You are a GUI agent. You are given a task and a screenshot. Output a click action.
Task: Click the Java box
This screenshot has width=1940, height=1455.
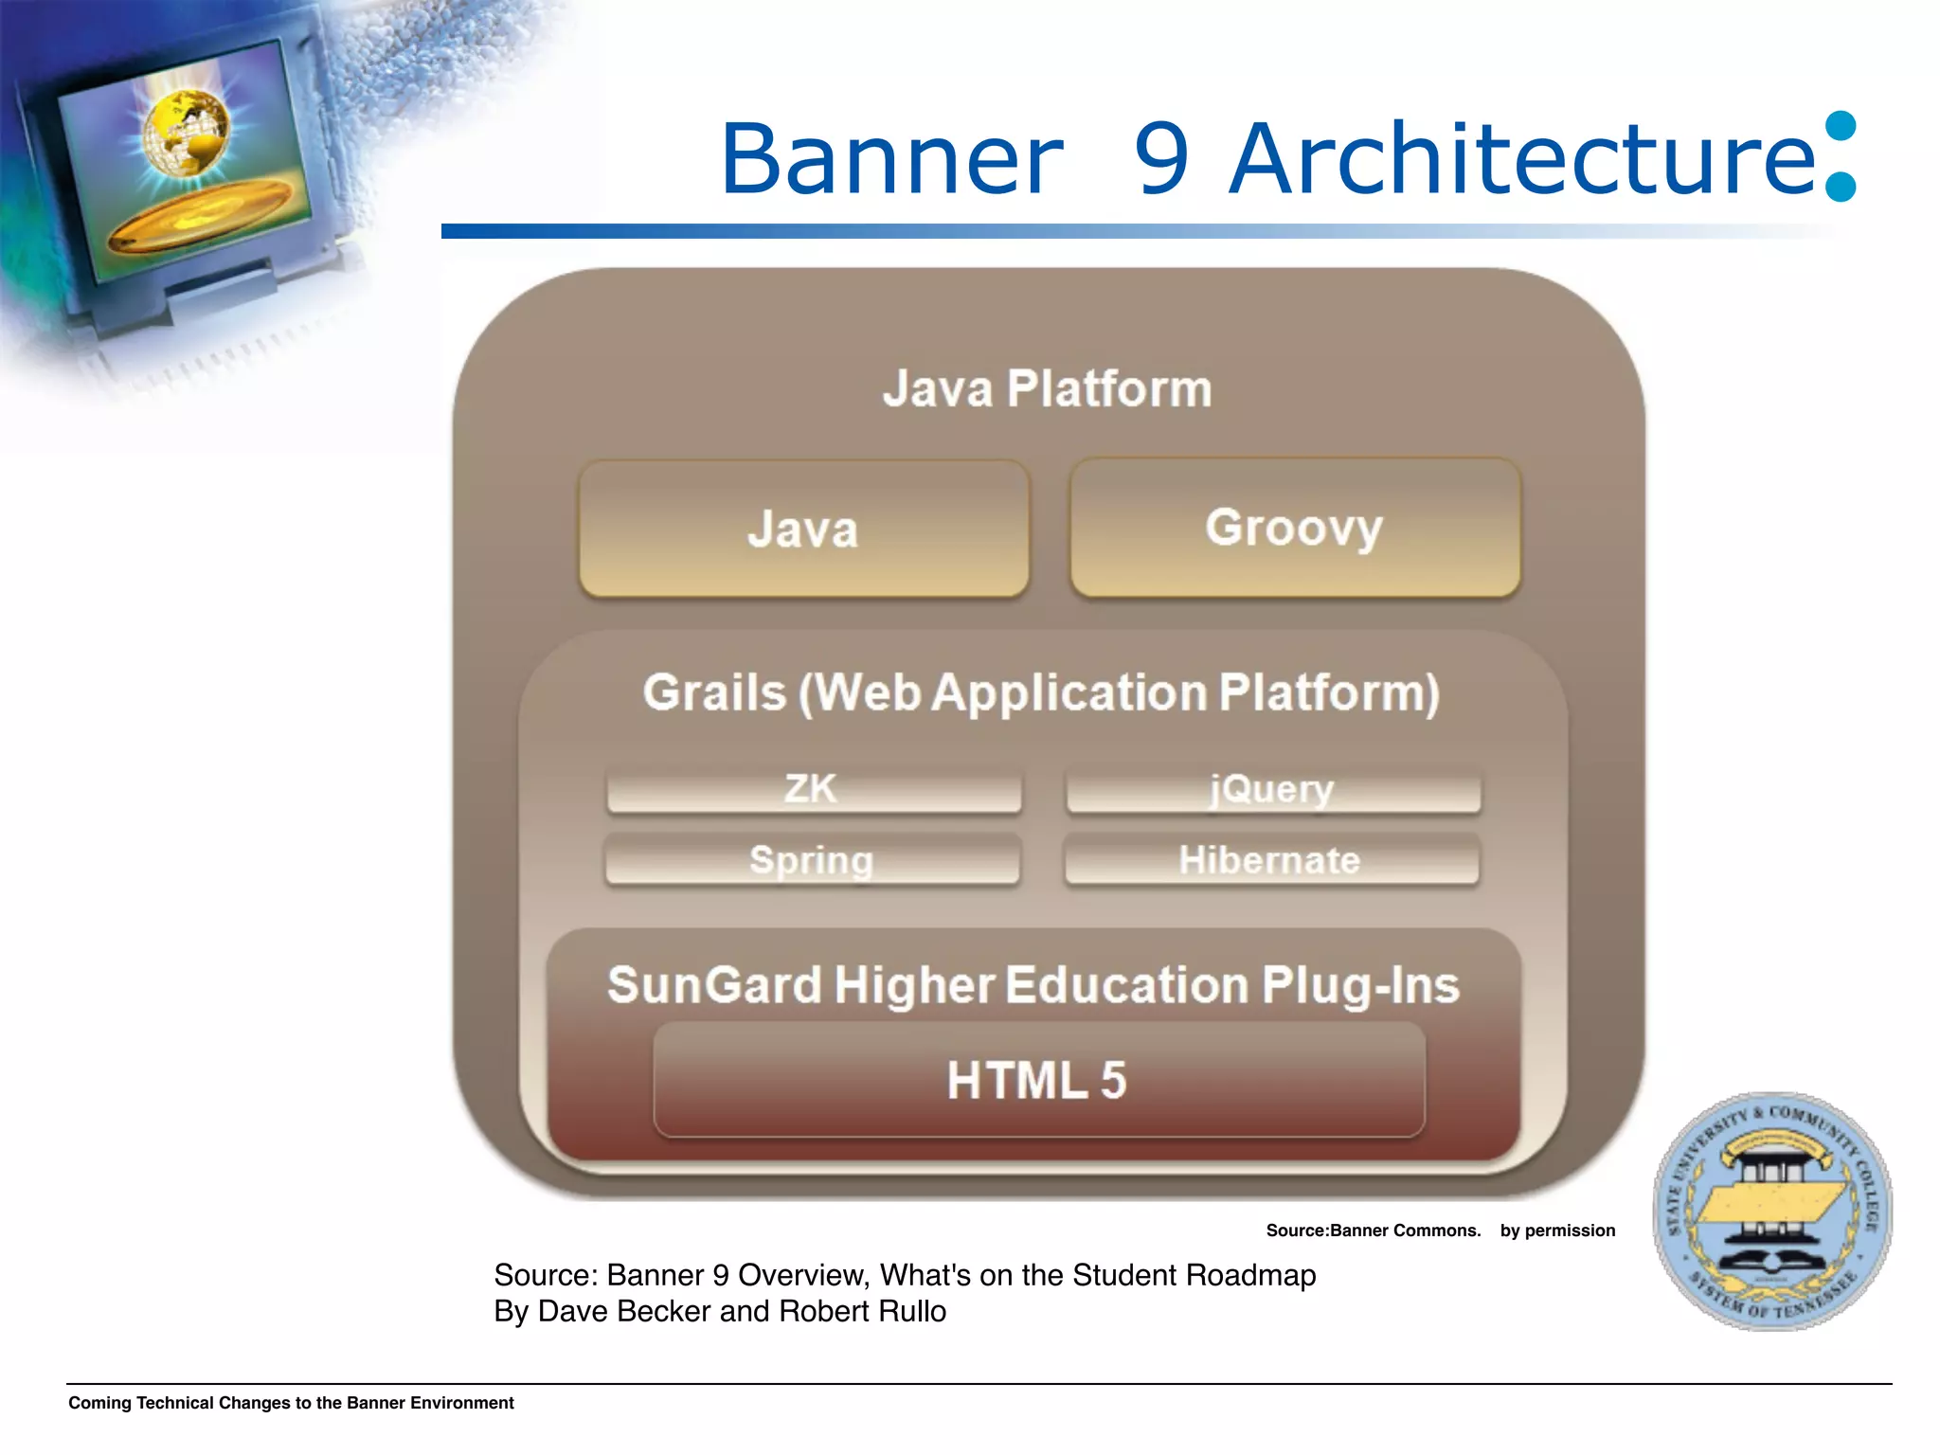click(803, 529)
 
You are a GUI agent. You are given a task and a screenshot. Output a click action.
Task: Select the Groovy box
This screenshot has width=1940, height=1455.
click(1294, 528)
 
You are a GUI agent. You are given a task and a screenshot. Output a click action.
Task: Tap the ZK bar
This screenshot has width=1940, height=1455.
click(813, 789)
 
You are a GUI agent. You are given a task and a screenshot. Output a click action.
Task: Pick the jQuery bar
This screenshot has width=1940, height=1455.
click(1272, 789)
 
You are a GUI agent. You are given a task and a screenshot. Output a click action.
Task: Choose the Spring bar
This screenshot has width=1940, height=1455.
click(812, 860)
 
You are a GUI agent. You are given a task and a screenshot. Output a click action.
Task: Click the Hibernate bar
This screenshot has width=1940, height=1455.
click(1270, 860)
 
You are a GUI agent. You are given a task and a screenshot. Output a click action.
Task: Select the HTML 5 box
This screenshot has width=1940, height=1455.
click(1038, 1081)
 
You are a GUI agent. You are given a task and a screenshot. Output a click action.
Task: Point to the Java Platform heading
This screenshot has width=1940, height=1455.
click(1047, 388)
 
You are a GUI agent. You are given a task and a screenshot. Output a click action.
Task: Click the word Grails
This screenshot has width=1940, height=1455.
click(714, 692)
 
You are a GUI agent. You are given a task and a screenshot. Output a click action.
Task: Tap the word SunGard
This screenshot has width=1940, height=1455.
click(713, 985)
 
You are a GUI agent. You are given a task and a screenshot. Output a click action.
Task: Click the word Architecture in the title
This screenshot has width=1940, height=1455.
click(1521, 159)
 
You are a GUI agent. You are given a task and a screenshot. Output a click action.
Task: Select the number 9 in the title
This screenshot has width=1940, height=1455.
click(1161, 159)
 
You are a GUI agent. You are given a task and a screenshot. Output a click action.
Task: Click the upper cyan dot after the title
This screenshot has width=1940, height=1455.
click(1840, 126)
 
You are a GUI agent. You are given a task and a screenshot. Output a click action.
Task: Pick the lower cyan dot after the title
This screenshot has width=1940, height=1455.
click(1840, 187)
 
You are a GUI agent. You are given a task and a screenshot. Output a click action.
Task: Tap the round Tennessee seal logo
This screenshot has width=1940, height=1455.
click(1772, 1212)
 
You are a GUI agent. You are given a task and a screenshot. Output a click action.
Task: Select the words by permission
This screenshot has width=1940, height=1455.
click(1557, 1230)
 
